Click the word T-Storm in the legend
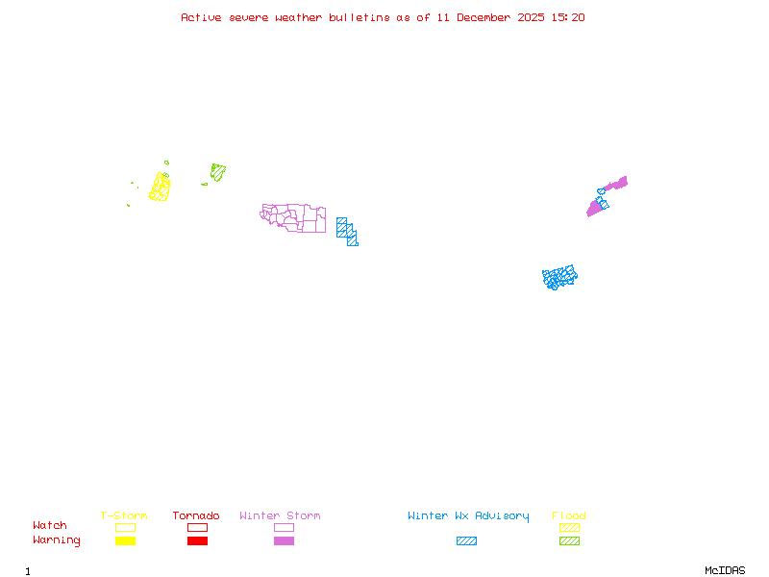pos(124,515)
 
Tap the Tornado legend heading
pos(196,515)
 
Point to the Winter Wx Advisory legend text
pos(468,515)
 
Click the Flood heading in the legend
pos(568,515)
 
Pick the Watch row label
pos(50,526)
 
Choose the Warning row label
pos(57,540)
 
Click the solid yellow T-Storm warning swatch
pos(125,540)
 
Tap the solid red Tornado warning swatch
pos(197,540)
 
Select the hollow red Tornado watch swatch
pos(197,527)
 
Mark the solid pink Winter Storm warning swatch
pos(284,540)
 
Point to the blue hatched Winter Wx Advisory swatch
pos(466,540)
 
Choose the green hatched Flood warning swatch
pos(569,540)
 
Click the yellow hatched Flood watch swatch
pos(569,527)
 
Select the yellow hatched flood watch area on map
pos(160,187)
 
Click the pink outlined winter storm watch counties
pos(294,218)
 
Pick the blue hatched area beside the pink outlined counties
pos(347,231)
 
